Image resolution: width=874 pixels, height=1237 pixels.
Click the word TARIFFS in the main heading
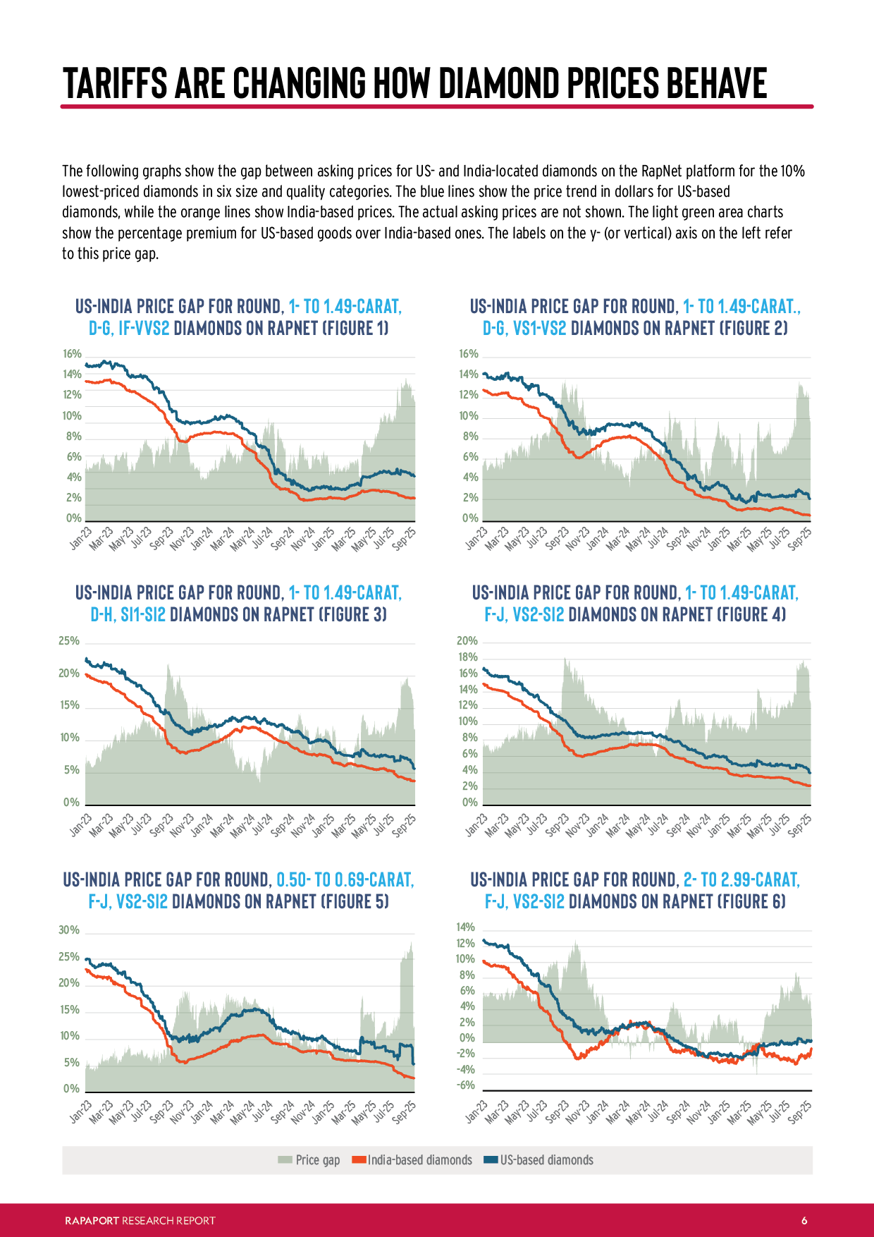(x=116, y=83)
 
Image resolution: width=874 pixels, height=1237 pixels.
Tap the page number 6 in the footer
(x=804, y=1221)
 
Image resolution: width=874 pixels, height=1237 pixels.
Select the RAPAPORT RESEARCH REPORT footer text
(x=140, y=1221)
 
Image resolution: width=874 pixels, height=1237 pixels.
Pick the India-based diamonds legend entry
(x=412, y=1160)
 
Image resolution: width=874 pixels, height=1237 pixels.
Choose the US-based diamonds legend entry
(x=538, y=1160)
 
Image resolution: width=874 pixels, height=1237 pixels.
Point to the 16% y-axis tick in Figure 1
(x=73, y=354)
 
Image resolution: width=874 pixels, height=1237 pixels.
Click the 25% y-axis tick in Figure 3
(x=69, y=641)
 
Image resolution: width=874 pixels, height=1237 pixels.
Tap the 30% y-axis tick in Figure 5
(x=69, y=930)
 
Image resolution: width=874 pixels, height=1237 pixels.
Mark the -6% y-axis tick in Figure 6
(x=465, y=1085)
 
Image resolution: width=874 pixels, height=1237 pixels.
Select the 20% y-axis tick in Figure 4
(x=467, y=641)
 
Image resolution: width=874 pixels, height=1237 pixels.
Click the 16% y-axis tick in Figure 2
(x=469, y=354)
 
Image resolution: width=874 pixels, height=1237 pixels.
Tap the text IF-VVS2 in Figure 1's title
(x=144, y=329)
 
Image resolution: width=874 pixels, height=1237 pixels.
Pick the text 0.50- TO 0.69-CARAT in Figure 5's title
(x=345, y=880)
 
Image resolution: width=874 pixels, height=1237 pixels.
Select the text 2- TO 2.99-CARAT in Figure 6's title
(x=741, y=880)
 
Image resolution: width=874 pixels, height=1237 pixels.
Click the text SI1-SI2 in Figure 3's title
(x=143, y=615)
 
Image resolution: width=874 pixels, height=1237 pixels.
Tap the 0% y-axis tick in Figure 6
(x=467, y=1038)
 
